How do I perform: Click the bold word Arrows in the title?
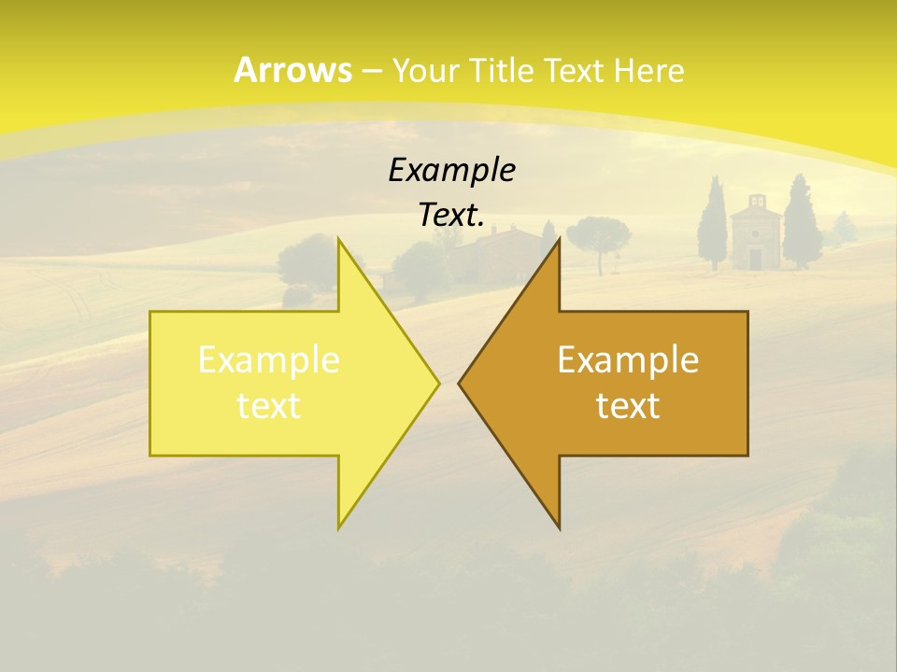pos(292,70)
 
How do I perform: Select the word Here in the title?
pos(648,70)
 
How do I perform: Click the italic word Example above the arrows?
pos(451,170)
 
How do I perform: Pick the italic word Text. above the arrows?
pos(451,215)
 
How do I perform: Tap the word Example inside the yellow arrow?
pos(268,360)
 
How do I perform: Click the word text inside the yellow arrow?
pos(268,406)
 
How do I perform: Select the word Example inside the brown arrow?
pos(628,360)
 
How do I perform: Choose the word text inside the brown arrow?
pos(628,406)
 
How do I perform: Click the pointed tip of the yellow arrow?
pos(438,383)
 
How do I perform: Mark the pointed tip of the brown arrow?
pos(459,383)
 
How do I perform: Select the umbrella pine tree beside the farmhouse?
pos(598,233)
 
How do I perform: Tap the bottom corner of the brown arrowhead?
pos(559,528)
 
